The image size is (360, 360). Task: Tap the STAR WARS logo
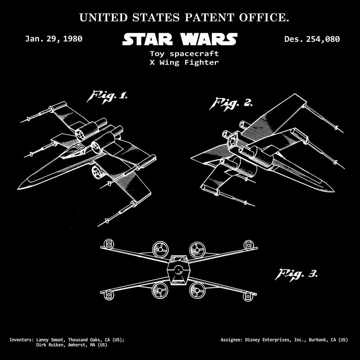(x=180, y=39)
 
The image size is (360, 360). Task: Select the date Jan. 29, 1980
(x=54, y=39)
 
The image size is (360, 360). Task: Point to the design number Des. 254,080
(x=312, y=39)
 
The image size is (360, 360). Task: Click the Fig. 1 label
(x=107, y=96)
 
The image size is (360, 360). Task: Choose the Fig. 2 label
(x=231, y=104)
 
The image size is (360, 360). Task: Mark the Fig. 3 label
(x=296, y=274)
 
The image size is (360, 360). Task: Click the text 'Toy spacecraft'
(x=184, y=54)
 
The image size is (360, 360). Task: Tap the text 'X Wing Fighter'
(x=184, y=62)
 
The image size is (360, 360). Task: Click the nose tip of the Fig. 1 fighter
(x=18, y=189)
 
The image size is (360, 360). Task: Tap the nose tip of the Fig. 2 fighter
(x=334, y=191)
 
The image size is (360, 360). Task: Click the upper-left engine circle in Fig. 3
(x=160, y=249)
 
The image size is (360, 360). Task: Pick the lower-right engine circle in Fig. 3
(x=197, y=290)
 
